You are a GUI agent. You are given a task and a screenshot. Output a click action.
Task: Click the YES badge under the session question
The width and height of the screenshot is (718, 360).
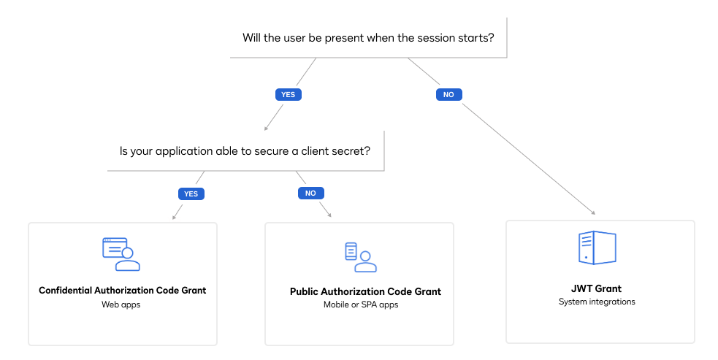(288, 95)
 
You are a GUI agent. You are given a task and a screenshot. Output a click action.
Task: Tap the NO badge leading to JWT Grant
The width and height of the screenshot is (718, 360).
(449, 95)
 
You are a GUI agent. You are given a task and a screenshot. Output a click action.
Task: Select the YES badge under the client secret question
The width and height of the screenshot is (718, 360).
(191, 194)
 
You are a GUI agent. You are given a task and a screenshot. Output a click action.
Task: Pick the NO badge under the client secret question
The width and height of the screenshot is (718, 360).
(310, 194)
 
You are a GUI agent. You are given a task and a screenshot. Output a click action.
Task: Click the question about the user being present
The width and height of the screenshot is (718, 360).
(367, 38)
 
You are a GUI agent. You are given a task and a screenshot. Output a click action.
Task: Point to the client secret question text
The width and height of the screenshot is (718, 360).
(245, 151)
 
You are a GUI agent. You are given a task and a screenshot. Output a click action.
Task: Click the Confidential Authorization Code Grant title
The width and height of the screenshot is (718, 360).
(122, 290)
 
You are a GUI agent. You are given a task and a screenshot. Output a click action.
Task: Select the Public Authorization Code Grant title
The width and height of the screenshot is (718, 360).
(365, 291)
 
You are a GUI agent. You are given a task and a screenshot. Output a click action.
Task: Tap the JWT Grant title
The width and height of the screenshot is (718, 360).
(597, 288)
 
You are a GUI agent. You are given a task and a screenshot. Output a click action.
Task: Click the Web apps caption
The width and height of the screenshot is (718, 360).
(121, 305)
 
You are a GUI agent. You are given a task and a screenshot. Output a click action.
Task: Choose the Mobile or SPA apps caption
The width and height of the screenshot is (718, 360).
(361, 305)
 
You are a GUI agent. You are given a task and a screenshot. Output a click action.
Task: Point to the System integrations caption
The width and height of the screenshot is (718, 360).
(597, 302)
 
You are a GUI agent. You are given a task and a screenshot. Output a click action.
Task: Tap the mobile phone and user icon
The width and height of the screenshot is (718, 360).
(361, 257)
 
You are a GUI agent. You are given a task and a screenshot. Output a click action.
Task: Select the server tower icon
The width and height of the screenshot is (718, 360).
(597, 248)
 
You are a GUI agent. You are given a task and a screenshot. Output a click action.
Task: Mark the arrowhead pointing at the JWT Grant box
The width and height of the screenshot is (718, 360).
(593, 212)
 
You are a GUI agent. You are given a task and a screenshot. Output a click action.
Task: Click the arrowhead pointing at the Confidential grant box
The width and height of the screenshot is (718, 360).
(174, 217)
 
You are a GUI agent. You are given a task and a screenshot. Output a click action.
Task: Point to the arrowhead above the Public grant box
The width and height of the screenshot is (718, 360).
(329, 215)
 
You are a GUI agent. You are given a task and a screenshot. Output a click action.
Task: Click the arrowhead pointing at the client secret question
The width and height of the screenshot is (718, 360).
(265, 129)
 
